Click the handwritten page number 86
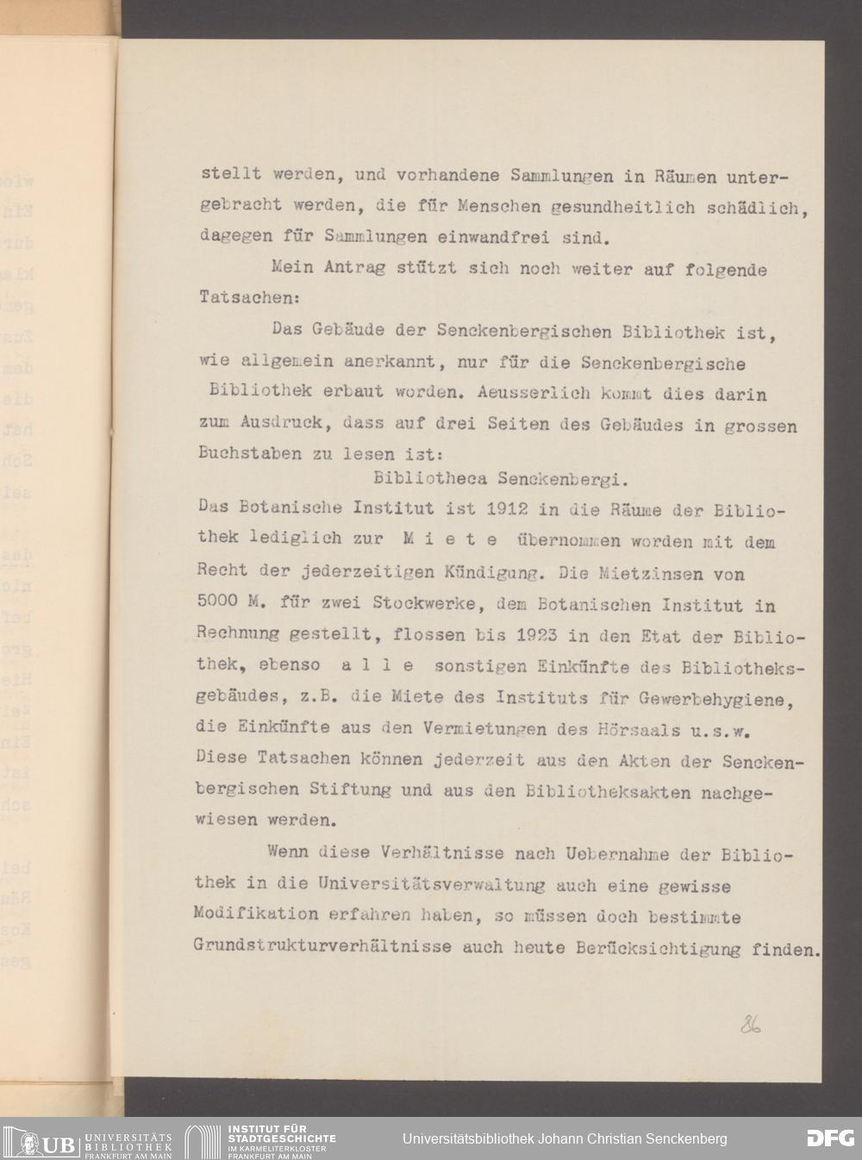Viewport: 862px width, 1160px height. [x=749, y=1025]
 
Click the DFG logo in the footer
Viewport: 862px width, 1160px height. [x=830, y=1138]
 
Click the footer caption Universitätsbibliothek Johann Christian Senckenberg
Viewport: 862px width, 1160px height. [x=565, y=1139]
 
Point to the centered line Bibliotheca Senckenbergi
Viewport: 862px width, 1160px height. [x=507, y=477]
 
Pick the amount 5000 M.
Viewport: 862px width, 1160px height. [x=228, y=604]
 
